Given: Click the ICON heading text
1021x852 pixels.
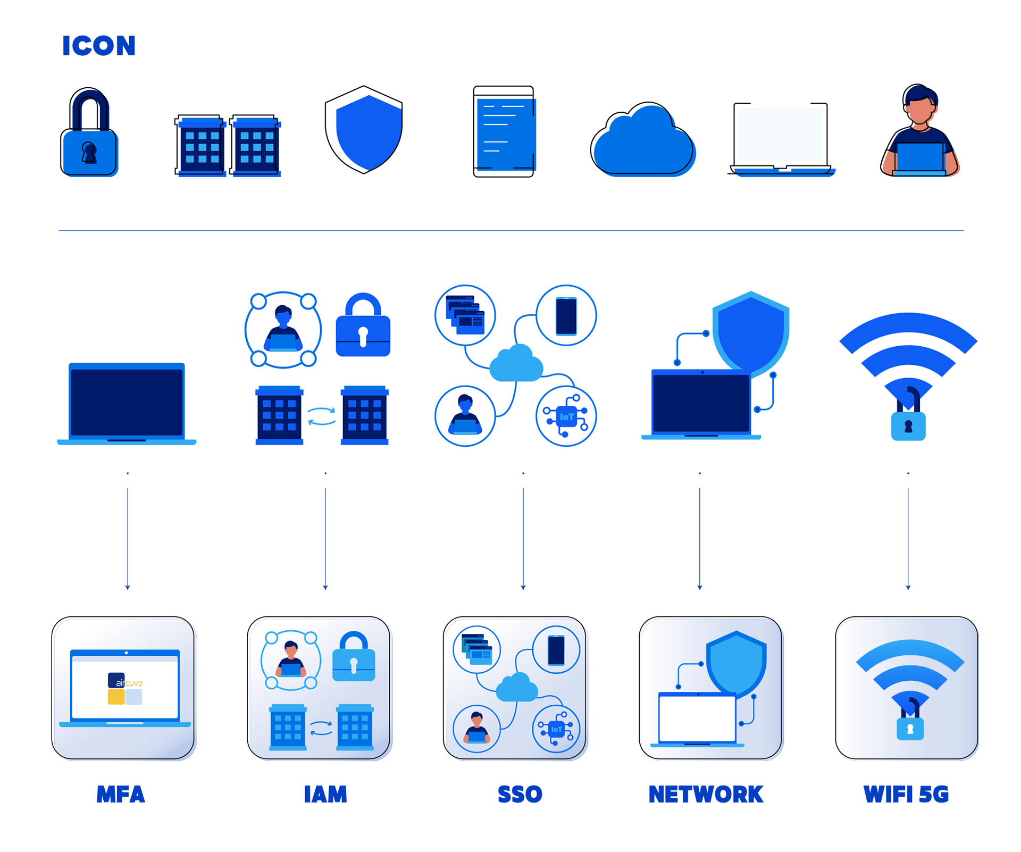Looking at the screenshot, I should pos(99,46).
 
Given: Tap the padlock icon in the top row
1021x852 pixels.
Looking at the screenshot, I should pos(90,136).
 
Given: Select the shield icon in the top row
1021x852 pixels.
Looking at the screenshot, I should pos(369,132).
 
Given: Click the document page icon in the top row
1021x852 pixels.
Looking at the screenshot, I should pos(506,135).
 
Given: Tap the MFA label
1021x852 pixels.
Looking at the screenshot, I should pos(121,795).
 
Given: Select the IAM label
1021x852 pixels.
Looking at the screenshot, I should pos(325,795).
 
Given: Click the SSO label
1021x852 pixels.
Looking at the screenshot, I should pos(520,795).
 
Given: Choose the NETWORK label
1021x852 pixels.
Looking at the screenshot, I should pos(706,795).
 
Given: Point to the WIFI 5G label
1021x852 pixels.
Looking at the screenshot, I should pos(907,795).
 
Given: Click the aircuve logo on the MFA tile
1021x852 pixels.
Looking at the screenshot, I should pos(125,688).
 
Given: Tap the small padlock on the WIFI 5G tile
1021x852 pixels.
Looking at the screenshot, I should pos(910,728).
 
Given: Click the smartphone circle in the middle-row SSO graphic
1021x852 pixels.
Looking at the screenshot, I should pos(566,315).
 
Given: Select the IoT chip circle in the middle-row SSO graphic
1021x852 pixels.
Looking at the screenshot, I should pos(566,416).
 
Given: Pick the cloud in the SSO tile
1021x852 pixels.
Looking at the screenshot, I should pos(516,688).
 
